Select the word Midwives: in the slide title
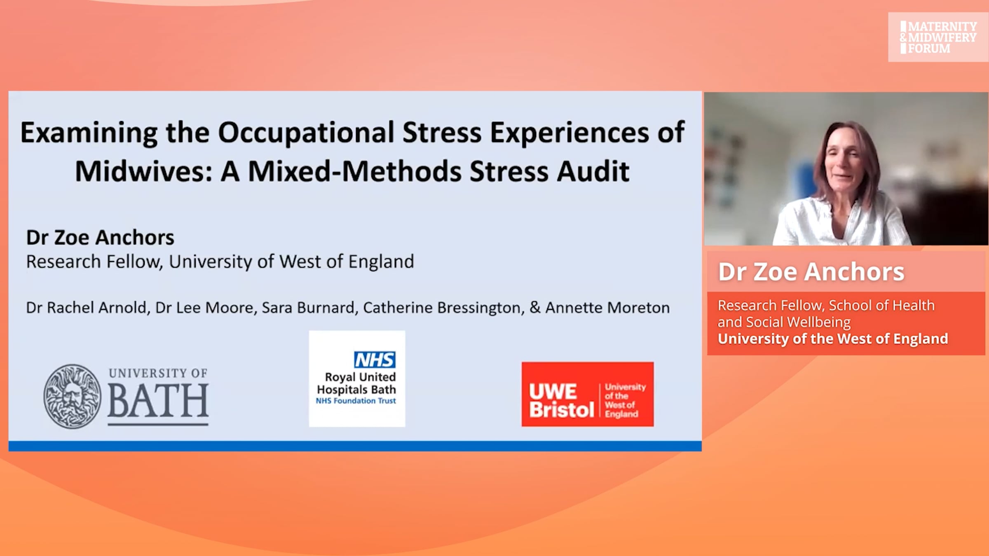[x=143, y=171]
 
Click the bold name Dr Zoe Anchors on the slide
[x=100, y=238]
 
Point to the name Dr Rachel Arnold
[x=86, y=308]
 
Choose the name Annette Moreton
[x=607, y=308]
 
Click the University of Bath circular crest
[x=73, y=396]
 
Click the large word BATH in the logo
[x=158, y=400]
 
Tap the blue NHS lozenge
[x=375, y=360]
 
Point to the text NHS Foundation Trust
[x=356, y=401]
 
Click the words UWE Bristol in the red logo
[x=561, y=400]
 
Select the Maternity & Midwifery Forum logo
[x=938, y=37]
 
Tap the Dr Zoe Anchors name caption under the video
[x=811, y=272]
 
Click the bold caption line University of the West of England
[x=833, y=339]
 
